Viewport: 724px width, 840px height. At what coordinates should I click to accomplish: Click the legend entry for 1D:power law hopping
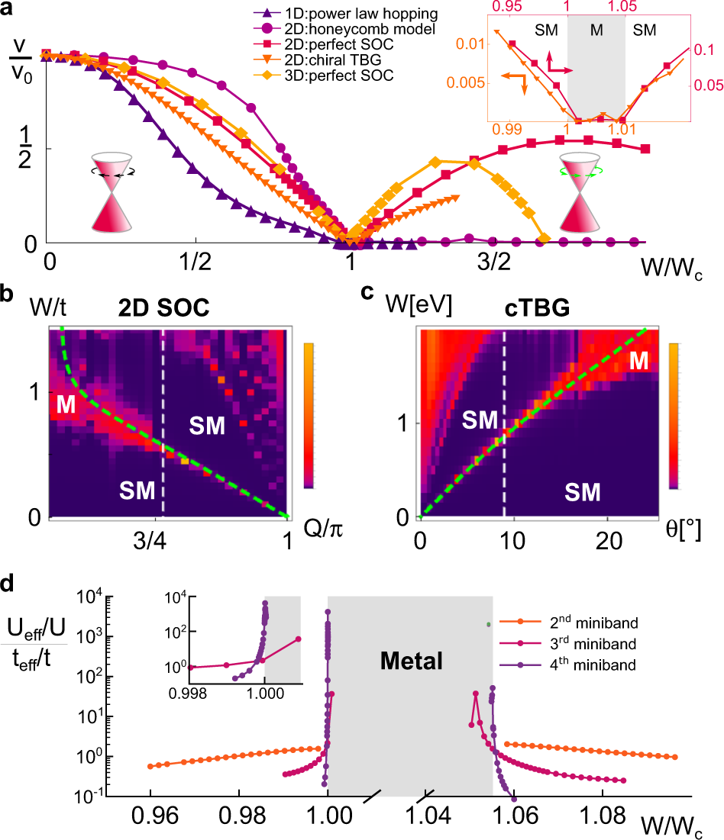tap(346, 14)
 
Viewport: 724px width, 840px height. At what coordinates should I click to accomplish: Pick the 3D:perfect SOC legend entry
tap(324, 76)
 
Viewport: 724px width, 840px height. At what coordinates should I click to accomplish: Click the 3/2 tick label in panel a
tap(494, 262)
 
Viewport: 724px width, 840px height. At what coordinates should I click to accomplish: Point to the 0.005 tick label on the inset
tap(466, 82)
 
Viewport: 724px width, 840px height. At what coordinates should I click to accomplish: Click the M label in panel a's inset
tap(596, 30)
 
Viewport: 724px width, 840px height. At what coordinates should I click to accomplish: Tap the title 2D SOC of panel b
tap(163, 307)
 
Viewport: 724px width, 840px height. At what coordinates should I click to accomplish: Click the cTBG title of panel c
tap(537, 307)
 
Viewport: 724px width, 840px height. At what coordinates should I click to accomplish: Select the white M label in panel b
tap(66, 404)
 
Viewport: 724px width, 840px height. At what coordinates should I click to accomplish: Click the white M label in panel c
tap(638, 361)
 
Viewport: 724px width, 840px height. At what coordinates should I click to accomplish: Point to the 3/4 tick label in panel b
tap(150, 540)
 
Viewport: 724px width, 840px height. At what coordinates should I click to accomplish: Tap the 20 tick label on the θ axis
tap(609, 540)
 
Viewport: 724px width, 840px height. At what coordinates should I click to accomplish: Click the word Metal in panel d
tap(412, 661)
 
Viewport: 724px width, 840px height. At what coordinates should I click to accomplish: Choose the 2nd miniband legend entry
tap(569, 622)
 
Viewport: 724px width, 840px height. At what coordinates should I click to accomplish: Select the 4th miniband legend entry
tap(568, 665)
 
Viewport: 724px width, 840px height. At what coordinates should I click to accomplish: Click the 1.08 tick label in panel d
tap(603, 816)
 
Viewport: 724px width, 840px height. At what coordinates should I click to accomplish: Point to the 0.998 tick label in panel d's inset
tap(188, 694)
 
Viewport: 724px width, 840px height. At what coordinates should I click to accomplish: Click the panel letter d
tap(8, 583)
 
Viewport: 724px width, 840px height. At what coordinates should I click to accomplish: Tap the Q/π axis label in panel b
tap(323, 529)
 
